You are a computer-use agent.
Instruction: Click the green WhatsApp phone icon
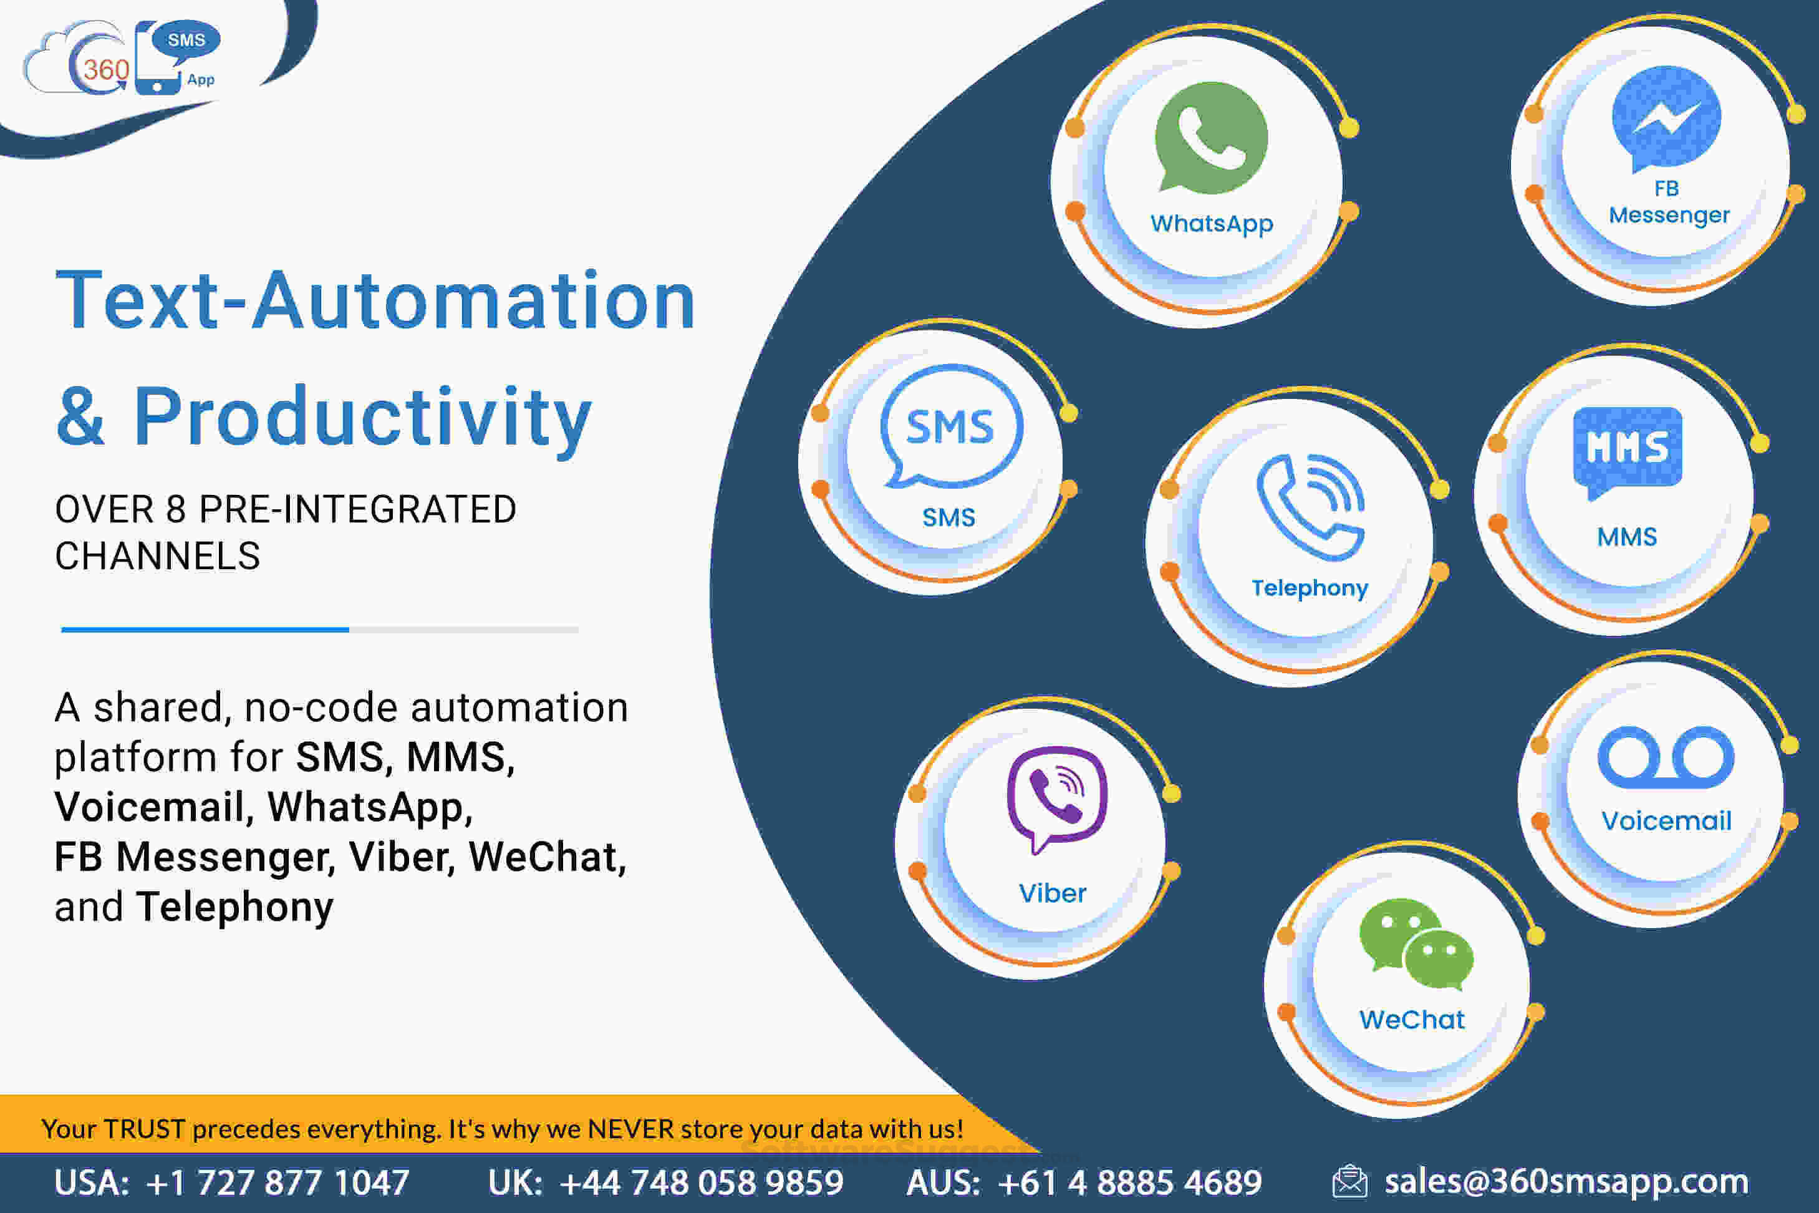coord(1211,138)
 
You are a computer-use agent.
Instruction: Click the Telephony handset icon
coord(1310,507)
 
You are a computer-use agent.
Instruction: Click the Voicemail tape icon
coord(1666,757)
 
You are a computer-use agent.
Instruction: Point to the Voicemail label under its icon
coord(1666,821)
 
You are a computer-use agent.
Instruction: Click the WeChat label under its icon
coord(1412,1020)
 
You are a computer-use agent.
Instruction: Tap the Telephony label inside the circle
coord(1310,588)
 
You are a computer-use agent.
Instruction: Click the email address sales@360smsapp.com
coord(1567,1181)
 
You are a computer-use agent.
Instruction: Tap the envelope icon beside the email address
coord(1349,1181)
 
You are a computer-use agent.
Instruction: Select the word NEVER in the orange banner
coord(630,1129)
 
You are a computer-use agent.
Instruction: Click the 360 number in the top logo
coord(106,70)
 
